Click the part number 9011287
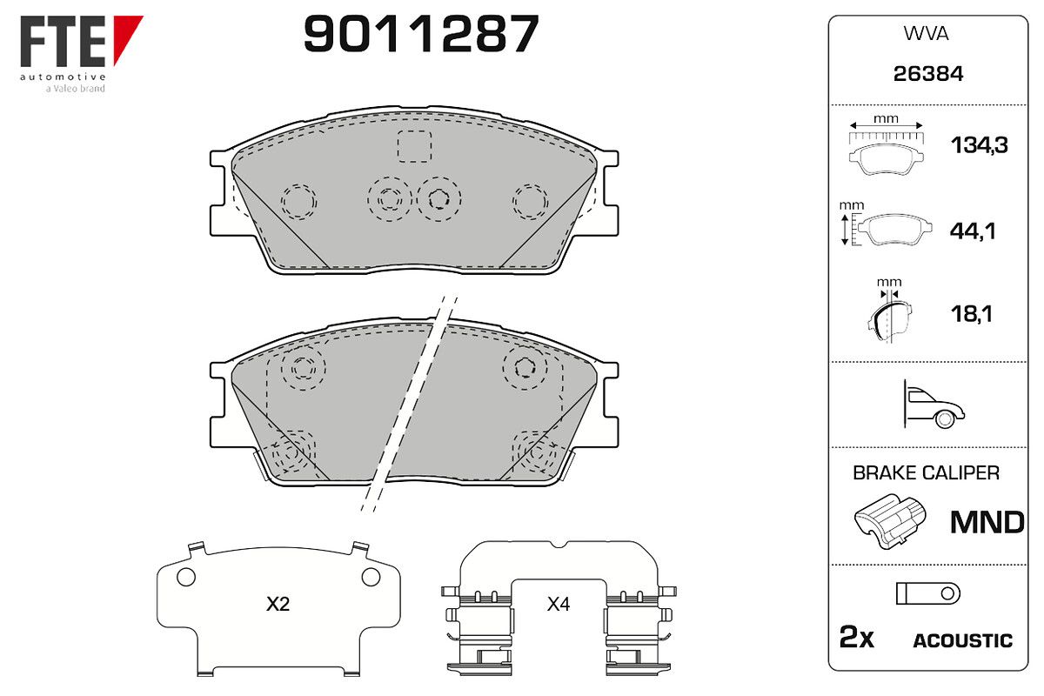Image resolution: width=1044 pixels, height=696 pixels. click(x=421, y=33)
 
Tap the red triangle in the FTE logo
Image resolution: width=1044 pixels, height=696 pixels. click(x=125, y=35)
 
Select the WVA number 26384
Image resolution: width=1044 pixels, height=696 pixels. click(x=928, y=74)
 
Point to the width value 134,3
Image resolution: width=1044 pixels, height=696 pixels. click(x=980, y=145)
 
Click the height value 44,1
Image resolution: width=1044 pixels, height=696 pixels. click(x=973, y=231)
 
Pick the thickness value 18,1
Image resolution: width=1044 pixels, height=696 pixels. click(x=972, y=314)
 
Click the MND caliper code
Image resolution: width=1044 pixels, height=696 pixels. click(x=987, y=523)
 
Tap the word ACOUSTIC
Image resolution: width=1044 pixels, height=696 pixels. click(x=963, y=640)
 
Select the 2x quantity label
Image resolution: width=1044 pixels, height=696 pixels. click(x=857, y=637)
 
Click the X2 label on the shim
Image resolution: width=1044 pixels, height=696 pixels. click(x=278, y=604)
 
